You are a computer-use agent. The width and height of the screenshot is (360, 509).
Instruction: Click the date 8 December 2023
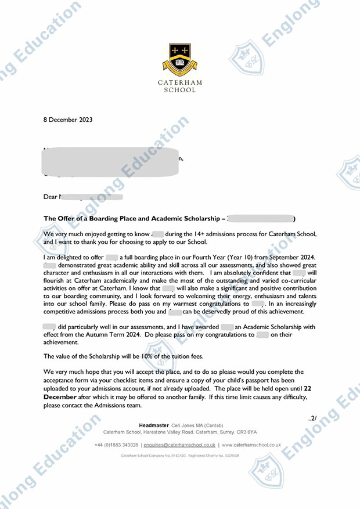(69, 120)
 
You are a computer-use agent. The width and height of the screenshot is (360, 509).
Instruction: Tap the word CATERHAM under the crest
(180, 82)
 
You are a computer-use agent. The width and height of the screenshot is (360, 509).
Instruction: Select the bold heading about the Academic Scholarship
(134, 219)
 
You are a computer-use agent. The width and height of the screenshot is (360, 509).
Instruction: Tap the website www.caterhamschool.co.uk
(251, 445)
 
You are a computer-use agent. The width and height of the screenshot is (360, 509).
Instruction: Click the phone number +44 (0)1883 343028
(116, 445)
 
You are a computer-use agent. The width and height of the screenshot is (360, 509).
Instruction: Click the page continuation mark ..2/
(312, 418)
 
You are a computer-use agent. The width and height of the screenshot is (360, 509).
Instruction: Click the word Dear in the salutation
(51, 197)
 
